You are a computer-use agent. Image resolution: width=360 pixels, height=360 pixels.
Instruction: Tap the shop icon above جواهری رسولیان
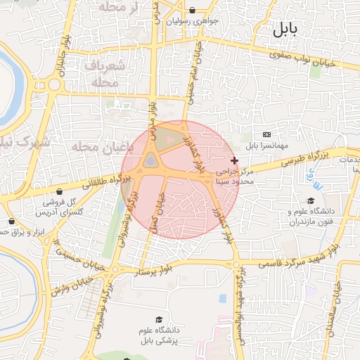[192, 11]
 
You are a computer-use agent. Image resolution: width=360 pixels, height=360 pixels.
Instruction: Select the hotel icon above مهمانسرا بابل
[266, 134]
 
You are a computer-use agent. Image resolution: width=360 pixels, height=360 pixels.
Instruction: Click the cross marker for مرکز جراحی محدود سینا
[234, 161]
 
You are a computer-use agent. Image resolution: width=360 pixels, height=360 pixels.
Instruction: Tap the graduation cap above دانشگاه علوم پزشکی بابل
[167, 320]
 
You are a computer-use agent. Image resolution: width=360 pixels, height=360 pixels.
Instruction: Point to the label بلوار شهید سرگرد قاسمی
[298, 257]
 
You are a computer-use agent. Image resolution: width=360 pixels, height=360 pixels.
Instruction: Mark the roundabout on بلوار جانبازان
[54, 85]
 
